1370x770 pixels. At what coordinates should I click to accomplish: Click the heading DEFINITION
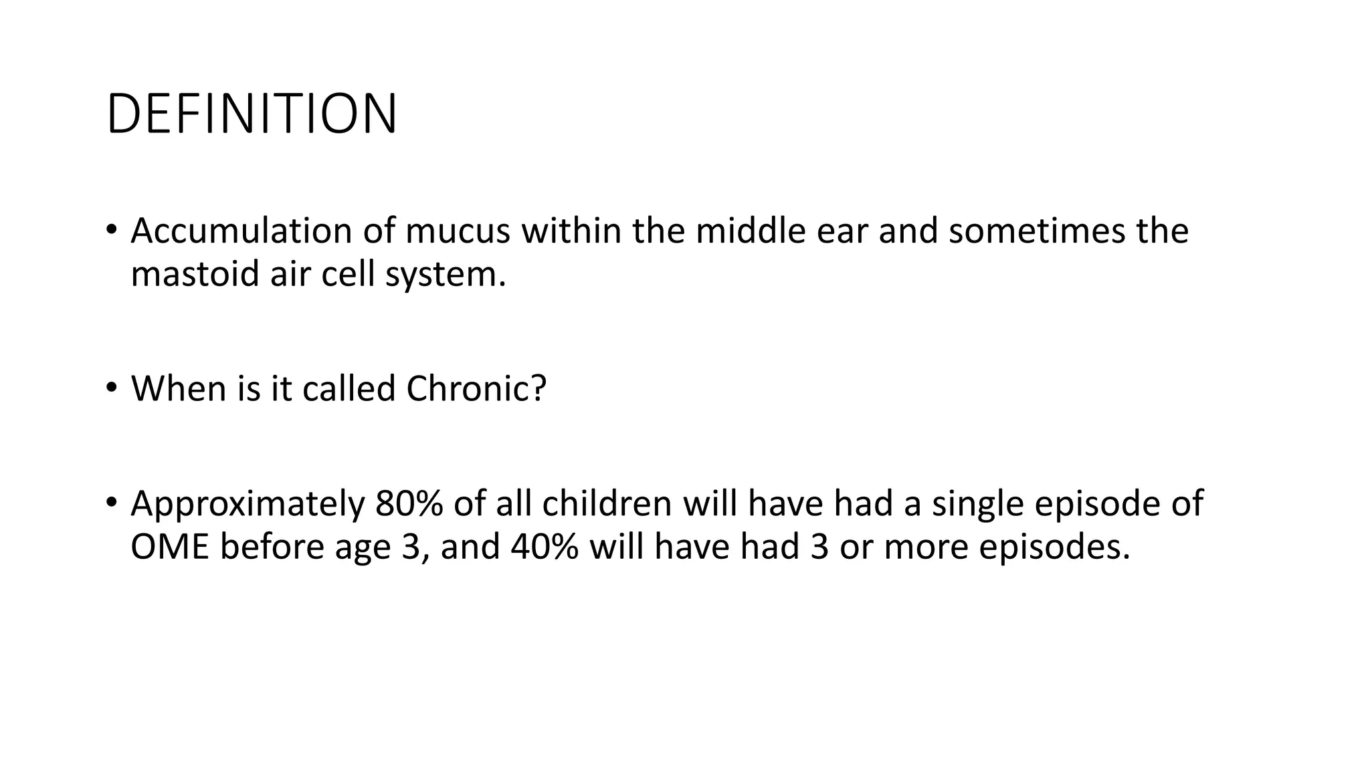pyautogui.click(x=252, y=114)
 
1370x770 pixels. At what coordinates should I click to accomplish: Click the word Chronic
pyautogui.click(x=476, y=388)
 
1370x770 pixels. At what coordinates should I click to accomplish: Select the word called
pyautogui.click(x=349, y=388)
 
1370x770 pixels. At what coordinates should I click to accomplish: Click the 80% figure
pyautogui.click(x=409, y=503)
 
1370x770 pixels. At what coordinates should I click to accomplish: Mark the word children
pyautogui.click(x=607, y=503)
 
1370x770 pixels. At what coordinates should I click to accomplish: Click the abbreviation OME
pyautogui.click(x=170, y=547)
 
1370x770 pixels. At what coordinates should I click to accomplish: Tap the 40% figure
pyautogui.click(x=545, y=547)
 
